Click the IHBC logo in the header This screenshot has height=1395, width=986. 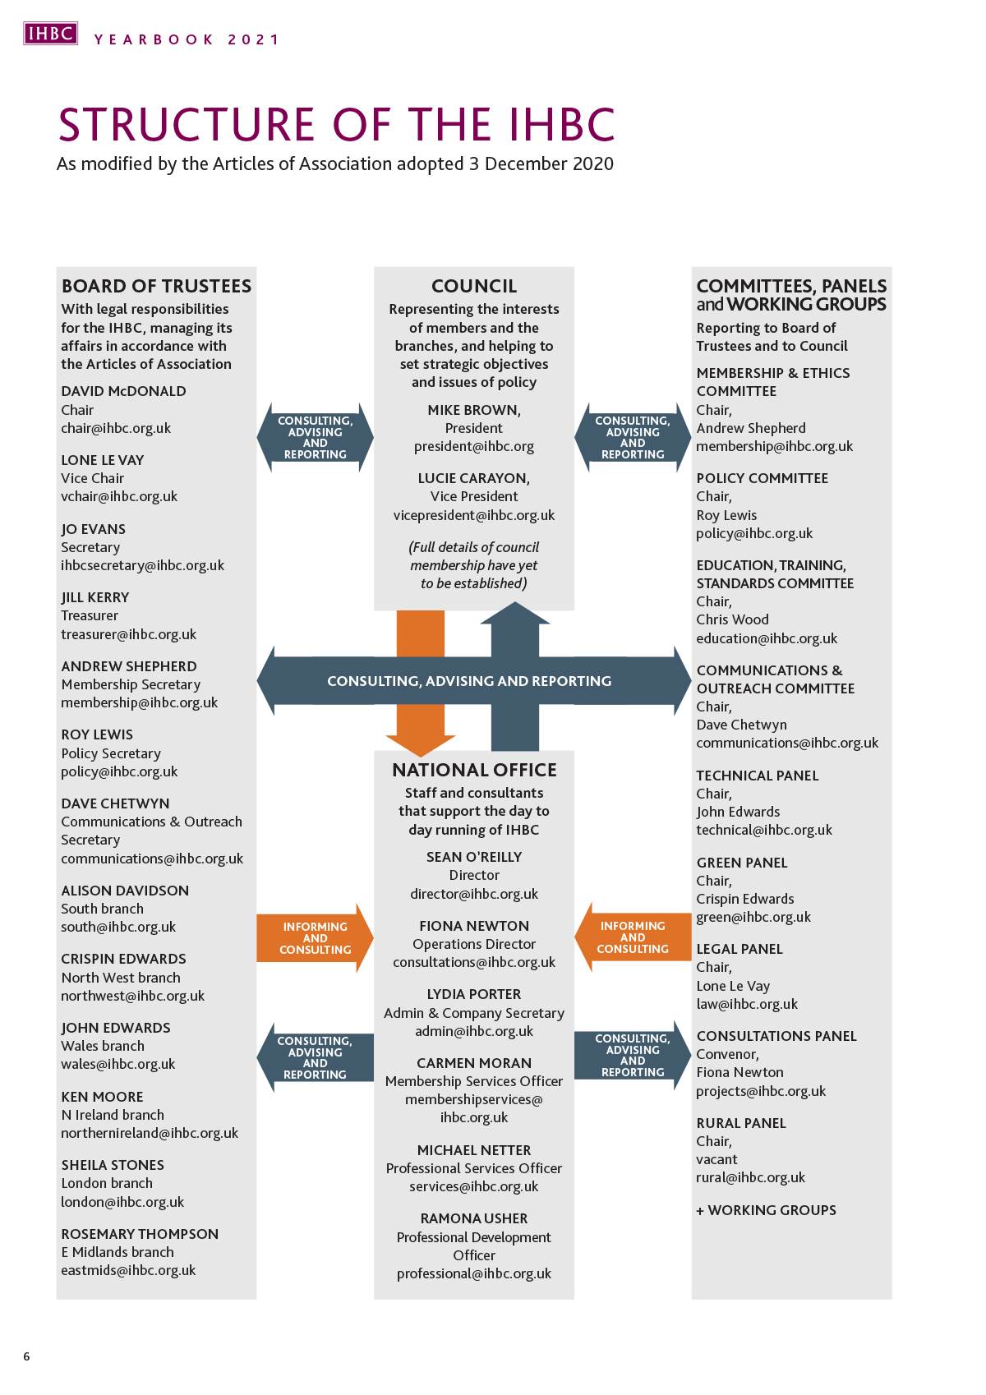(x=50, y=34)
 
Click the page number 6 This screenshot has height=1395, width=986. (x=26, y=1356)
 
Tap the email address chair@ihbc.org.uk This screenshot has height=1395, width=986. (x=116, y=428)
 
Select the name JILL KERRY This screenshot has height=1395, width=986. (x=95, y=597)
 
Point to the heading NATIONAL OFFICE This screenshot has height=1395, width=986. (x=474, y=770)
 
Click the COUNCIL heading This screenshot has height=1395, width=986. (x=474, y=286)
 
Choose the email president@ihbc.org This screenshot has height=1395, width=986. (x=474, y=446)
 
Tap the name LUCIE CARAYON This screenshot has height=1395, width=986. (x=474, y=478)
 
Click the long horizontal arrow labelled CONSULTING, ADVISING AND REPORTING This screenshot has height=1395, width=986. (x=469, y=681)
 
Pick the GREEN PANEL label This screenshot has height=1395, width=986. (x=742, y=863)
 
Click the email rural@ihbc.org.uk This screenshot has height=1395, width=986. (x=751, y=1177)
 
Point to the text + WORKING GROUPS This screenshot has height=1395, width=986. (x=767, y=1210)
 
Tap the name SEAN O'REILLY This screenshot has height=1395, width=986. (x=474, y=857)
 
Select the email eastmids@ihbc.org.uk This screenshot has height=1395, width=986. (x=128, y=1270)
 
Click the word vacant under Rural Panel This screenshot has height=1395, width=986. (x=716, y=1159)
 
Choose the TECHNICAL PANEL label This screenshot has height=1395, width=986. (x=758, y=776)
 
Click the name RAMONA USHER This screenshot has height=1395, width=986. (x=474, y=1218)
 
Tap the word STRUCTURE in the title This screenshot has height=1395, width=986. (x=187, y=125)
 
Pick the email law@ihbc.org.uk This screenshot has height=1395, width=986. (x=747, y=1004)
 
